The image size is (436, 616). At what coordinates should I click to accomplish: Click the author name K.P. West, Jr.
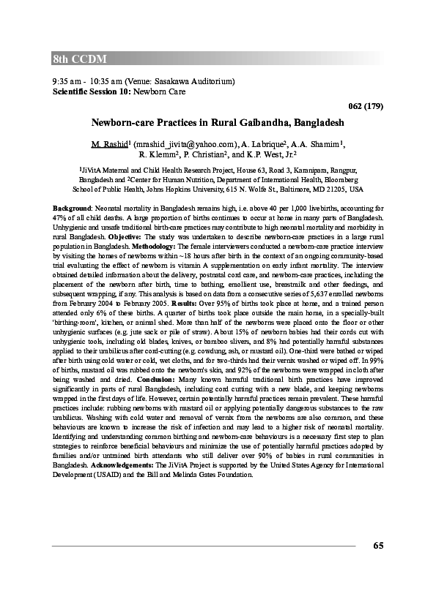[x=271, y=154]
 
